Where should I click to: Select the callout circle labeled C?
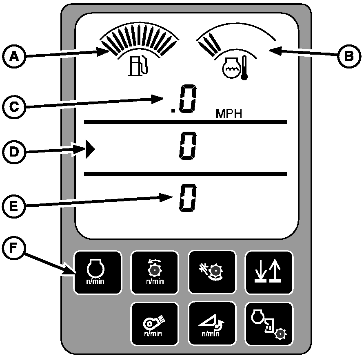(14, 107)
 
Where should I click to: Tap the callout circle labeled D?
(14, 152)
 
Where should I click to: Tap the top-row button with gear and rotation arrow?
(154, 272)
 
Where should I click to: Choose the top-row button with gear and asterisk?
(212, 272)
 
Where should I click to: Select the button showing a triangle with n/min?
(212, 324)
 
